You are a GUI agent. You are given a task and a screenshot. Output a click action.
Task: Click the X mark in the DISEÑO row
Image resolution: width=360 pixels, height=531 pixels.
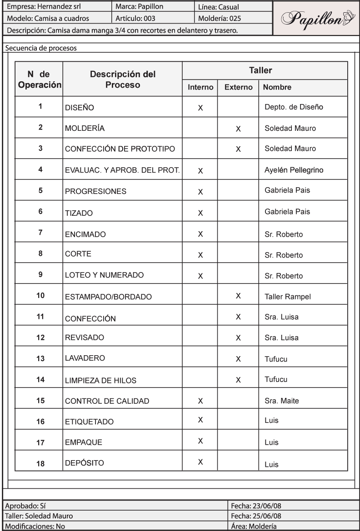click(200, 109)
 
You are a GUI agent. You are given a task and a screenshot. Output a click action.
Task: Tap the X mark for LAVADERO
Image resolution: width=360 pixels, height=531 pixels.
click(238, 358)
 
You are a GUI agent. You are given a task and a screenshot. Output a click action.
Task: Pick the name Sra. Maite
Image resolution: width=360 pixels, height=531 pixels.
click(280, 401)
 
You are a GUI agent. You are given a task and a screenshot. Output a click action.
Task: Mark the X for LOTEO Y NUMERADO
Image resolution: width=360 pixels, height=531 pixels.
click(200, 276)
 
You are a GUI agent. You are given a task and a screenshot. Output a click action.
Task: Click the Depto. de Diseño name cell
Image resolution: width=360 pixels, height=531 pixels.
click(287, 108)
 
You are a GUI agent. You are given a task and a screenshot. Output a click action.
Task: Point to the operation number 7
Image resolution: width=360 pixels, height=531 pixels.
click(40, 233)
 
